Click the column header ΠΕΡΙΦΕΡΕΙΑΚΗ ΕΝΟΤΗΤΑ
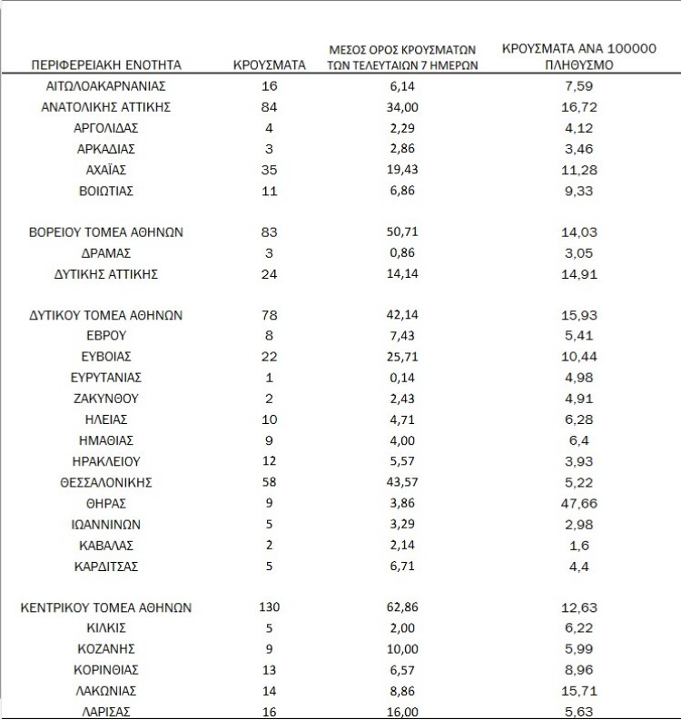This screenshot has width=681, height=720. (x=106, y=65)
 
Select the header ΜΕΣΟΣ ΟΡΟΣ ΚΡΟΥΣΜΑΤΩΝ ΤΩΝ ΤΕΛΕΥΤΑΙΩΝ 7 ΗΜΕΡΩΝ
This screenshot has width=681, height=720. (x=404, y=57)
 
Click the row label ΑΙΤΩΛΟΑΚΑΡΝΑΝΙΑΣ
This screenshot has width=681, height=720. (x=106, y=86)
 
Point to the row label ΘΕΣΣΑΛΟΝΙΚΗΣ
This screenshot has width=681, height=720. (x=106, y=482)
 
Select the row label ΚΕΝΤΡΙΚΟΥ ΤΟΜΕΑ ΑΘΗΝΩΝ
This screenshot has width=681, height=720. (x=106, y=607)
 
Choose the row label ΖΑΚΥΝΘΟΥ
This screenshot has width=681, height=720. (x=106, y=399)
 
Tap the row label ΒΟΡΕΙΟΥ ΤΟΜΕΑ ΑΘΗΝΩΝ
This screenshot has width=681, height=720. (x=106, y=232)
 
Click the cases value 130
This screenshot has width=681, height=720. (x=270, y=607)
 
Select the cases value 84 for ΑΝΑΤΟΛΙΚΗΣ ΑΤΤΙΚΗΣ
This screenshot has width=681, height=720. (x=270, y=107)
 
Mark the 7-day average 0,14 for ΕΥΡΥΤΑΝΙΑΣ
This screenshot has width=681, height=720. (x=404, y=378)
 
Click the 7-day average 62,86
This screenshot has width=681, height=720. (x=404, y=607)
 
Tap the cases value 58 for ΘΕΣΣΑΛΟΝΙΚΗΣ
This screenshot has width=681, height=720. (x=270, y=482)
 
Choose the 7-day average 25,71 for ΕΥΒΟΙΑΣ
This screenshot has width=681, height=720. (x=404, y=357)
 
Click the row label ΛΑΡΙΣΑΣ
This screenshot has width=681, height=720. (x=106, y=712)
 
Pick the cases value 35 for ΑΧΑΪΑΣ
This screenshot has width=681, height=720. (x=270, y=170)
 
